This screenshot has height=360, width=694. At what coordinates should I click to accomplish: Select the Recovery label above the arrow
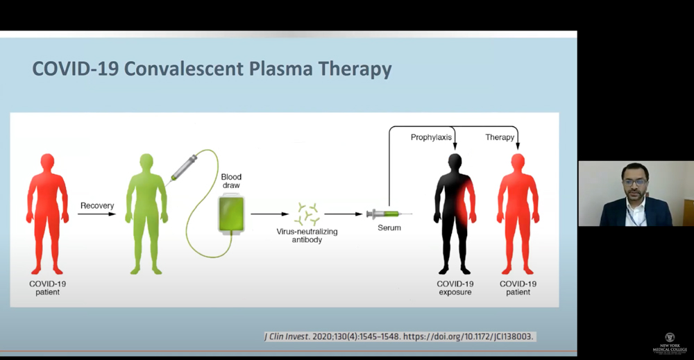[x=97, y=205]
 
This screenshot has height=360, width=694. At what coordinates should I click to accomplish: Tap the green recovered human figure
[x=146, y=212]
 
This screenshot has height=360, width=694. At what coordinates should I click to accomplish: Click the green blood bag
[x=231, y=214]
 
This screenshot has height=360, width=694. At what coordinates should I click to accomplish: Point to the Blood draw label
[x=231, y=182]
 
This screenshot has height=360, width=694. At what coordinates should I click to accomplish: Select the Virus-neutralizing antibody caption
[x=306, y=236]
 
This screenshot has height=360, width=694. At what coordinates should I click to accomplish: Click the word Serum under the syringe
[x=389, y=228]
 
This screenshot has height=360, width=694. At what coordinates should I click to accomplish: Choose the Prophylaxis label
[x=431, y=137]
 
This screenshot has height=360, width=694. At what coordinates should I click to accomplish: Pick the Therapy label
[x=500, y=137]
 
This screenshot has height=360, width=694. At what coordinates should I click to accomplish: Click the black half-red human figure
[x=455, y=212]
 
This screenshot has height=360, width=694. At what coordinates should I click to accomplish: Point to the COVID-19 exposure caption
[x=455, y=288]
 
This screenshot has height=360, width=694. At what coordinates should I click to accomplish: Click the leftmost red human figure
[x=47, y=212]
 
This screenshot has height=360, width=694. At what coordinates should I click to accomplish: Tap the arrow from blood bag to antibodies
[x=269, y=214]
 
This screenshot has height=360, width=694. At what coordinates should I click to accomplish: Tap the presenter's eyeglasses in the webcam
[x=635, y=182]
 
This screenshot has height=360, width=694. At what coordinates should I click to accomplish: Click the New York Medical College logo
[x=669, y=343]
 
